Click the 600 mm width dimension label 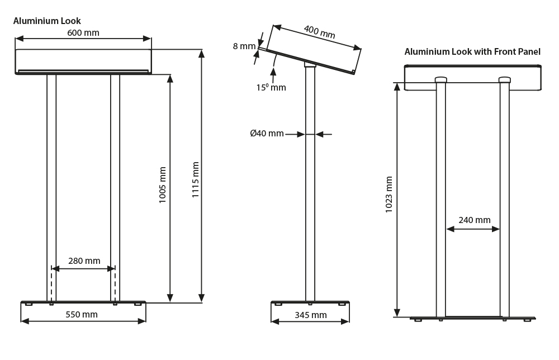tap(83, 32)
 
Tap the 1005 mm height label tap(163, 184)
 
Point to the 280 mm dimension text tap(84, 260)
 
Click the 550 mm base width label tap(82, 315)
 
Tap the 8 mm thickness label tap(244, 46)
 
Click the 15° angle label tap(271, 87)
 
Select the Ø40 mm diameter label tap(267, 134)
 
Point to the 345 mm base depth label tap(311, 315)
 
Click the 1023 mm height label tap(389, 195)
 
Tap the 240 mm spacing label tap(474, 220)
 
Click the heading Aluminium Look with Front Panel tap(472, 51)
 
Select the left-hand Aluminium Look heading tap(47, 21)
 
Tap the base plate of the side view tap(310, 303)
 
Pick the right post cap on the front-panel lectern tap(505, 80)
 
